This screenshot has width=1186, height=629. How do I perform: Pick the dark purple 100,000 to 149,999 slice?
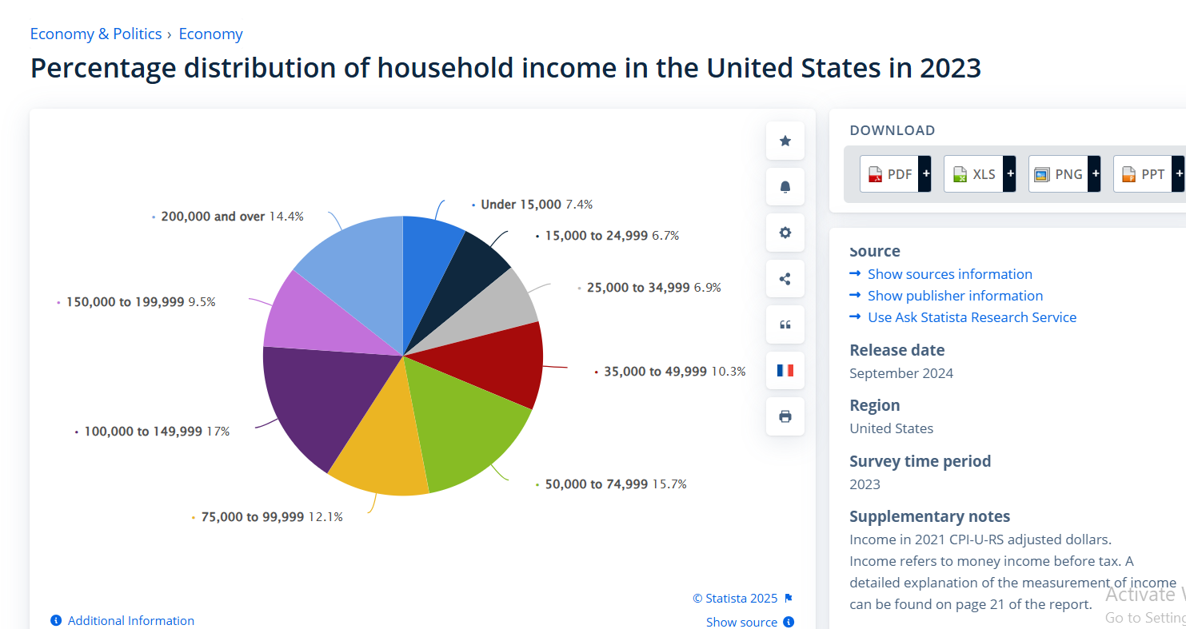point(316,400)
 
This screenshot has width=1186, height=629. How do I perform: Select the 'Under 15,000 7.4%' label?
point(536,205)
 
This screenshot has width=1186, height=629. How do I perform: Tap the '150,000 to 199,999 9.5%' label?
point(140,302)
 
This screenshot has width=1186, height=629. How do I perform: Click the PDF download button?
point(895,173)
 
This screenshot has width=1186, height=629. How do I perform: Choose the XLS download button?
point(979,173)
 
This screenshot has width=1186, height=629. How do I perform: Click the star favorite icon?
point(785,141)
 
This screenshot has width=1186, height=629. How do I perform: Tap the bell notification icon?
point(785,187)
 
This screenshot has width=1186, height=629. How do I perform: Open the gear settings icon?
point(785,233)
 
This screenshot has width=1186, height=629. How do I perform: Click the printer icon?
point(785,416)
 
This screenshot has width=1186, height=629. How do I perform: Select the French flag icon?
point(785,370)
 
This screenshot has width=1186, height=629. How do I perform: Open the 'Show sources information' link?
point(949,274)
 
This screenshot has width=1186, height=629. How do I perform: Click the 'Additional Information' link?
point(130,620)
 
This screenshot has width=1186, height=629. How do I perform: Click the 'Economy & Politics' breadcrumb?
point(96,34)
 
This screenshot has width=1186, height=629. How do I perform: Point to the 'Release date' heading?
point(896,350)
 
